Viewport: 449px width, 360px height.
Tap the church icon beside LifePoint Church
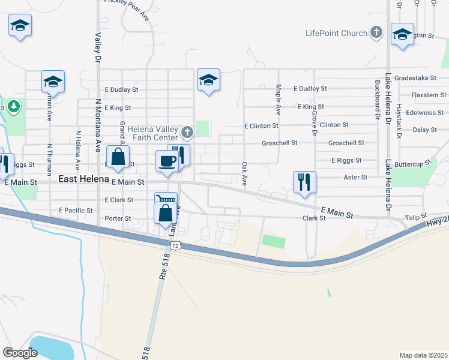[x=376, y=32]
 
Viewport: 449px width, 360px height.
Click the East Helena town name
[x=83, y=179]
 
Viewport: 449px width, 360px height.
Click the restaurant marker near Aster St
[x=304, y=181]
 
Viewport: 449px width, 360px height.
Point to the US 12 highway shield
[x=175, y=245]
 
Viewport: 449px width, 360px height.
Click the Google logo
[x=20, y=353]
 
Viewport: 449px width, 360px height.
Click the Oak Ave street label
[x=244, y=173]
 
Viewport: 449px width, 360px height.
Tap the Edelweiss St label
[x=424, y=112]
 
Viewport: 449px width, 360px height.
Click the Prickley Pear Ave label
[x=125, y=2]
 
